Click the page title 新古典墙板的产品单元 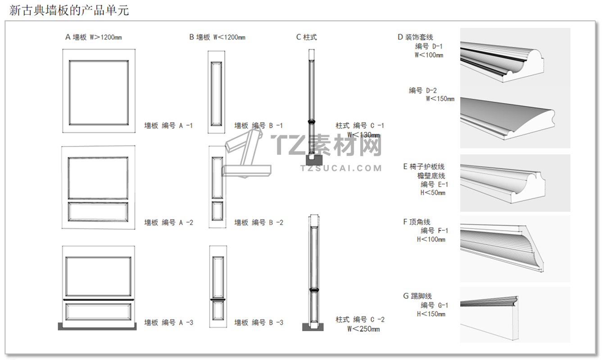(69, 10)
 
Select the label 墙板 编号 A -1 (168, 126)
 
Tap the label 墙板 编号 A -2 (168, 223)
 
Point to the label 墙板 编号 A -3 (168, 323)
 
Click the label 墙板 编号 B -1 (258, 126)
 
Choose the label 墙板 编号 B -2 (258, 223)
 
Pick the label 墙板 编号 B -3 (258, 323)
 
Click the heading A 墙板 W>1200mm (94, 37)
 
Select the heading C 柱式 (306, 37)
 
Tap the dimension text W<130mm (363, 135)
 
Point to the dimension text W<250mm (363, 329)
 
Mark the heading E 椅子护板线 (424, 167)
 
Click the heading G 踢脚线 (417, 296)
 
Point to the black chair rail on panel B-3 (218, 299)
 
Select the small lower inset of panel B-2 (218, 210)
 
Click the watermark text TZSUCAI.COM (341, 168)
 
